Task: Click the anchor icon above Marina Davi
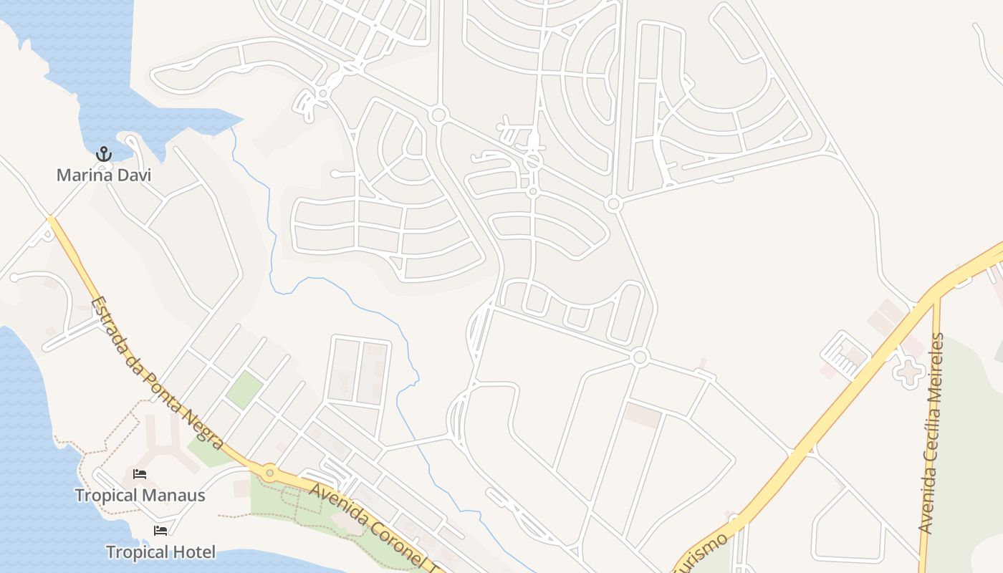tap(104, 153)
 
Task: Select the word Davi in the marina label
tap(135, 175)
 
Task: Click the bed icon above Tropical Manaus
tap(140, 474)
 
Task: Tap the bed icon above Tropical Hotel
tap(160, 531)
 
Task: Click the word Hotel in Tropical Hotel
tap(191, 552)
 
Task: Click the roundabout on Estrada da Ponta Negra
tap(269, 472)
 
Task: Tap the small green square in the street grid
tap(244, 390)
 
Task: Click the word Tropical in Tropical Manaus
tap(106, 495)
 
